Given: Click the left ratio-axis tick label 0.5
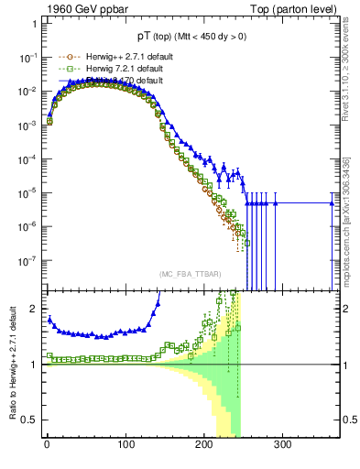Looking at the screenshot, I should coord(30,420).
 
